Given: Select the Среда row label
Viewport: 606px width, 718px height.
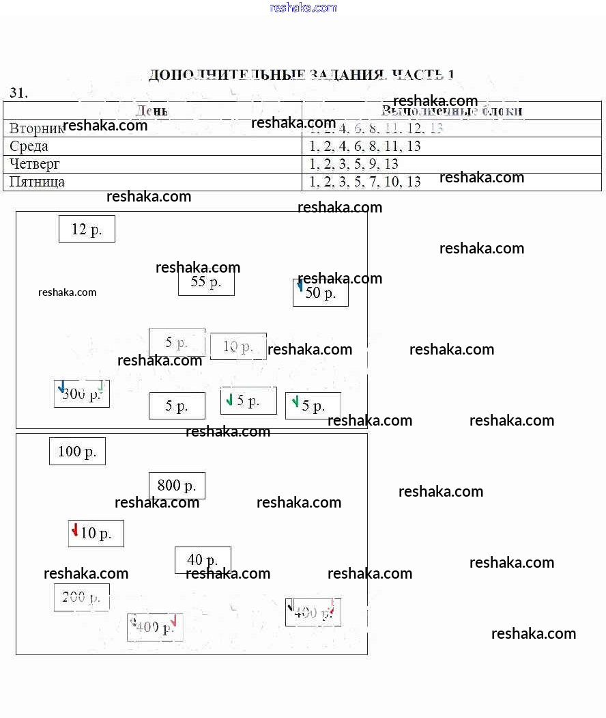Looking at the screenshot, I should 29,146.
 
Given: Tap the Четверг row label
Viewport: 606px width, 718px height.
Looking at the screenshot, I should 35,164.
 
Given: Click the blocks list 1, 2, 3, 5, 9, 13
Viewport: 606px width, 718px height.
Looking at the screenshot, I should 353,164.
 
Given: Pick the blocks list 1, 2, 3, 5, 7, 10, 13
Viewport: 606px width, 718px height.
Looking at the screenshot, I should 365,182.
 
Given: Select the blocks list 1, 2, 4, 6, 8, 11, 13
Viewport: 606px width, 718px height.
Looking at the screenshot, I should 365,146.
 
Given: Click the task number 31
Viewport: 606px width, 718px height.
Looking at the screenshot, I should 18,93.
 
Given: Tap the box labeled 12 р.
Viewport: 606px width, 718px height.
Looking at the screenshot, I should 87,230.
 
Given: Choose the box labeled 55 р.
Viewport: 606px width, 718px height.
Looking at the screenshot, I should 206,282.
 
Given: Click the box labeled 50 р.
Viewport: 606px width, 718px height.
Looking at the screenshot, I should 321,293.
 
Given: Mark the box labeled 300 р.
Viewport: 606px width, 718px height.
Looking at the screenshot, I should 82,394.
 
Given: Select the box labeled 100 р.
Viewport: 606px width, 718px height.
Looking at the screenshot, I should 77,452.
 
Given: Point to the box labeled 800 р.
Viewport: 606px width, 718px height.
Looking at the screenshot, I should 177,486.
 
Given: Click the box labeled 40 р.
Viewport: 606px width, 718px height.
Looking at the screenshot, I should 203,560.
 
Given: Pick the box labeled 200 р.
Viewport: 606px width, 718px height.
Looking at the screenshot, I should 82,598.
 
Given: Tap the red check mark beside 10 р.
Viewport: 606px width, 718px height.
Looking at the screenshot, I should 75,530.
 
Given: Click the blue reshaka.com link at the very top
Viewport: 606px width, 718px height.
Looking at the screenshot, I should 303,8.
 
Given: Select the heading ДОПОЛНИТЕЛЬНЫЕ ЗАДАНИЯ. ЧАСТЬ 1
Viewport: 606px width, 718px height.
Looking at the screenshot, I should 301,74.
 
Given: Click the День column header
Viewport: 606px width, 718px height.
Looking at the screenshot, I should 152,111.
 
